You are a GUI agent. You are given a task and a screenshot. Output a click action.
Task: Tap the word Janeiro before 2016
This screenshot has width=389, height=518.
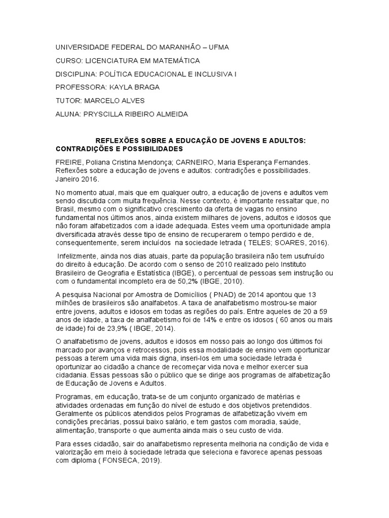tap(69, 180)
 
